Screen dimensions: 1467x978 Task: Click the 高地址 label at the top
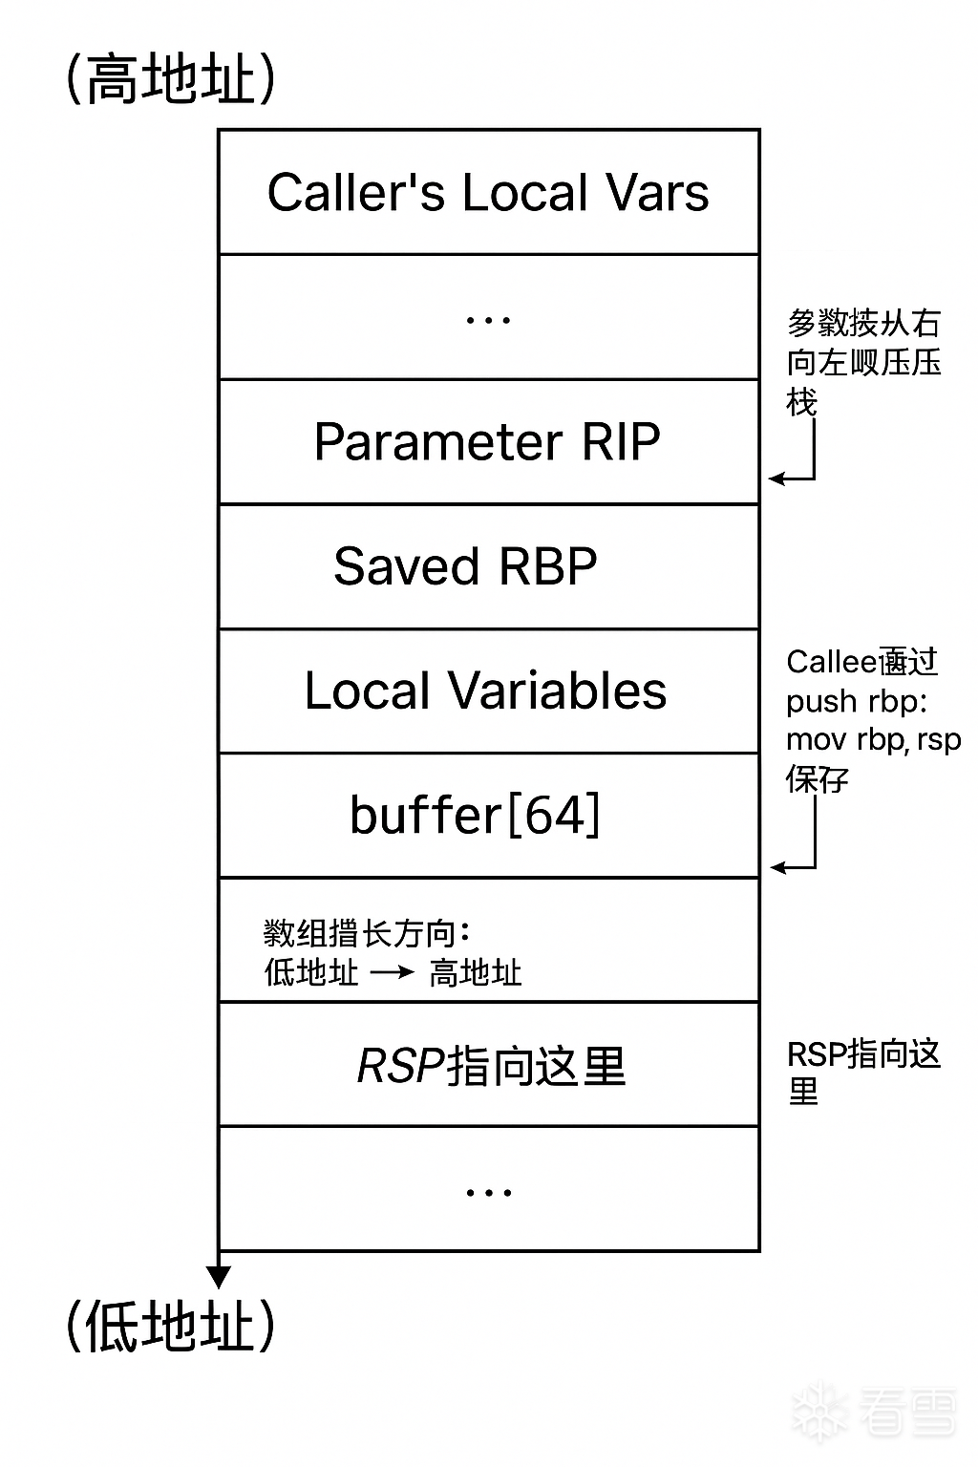(x=171, y=78)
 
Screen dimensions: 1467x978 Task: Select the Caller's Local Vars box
(x=488, y=192)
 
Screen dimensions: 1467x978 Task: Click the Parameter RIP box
(x=488, y=441)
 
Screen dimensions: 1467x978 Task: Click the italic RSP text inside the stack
(x=400, y=1066)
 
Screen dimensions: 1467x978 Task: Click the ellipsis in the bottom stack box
(x=488, y=1192)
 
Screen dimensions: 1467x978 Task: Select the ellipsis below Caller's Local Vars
(x=488, y=320)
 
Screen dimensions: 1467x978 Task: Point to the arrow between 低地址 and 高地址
(x=392, y=972)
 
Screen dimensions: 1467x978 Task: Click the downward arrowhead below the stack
(x=219, y=1276)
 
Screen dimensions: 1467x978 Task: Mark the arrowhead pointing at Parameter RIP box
(x=776, y=478)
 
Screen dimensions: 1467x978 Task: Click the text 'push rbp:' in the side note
(x=857, y=701)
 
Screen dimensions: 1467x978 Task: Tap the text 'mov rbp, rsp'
(x=873, y=740)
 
